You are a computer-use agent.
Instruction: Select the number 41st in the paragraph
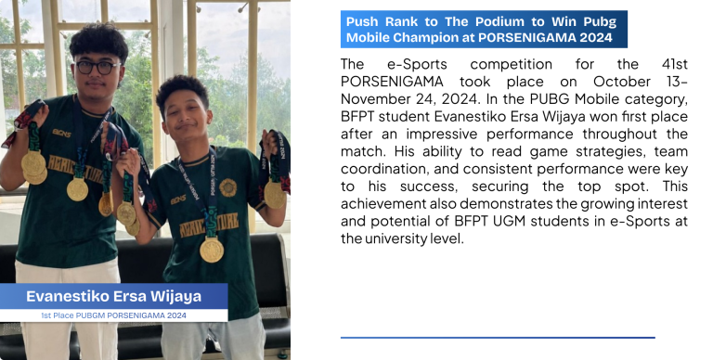674,64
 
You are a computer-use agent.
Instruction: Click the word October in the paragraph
622,82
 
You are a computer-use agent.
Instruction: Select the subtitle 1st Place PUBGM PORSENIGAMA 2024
113,315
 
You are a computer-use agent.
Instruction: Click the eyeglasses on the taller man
97,68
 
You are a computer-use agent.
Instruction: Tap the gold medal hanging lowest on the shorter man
212,250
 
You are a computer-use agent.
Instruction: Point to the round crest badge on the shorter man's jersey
227,187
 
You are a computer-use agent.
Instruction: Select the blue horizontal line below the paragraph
498,338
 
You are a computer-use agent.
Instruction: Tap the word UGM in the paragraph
511,222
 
